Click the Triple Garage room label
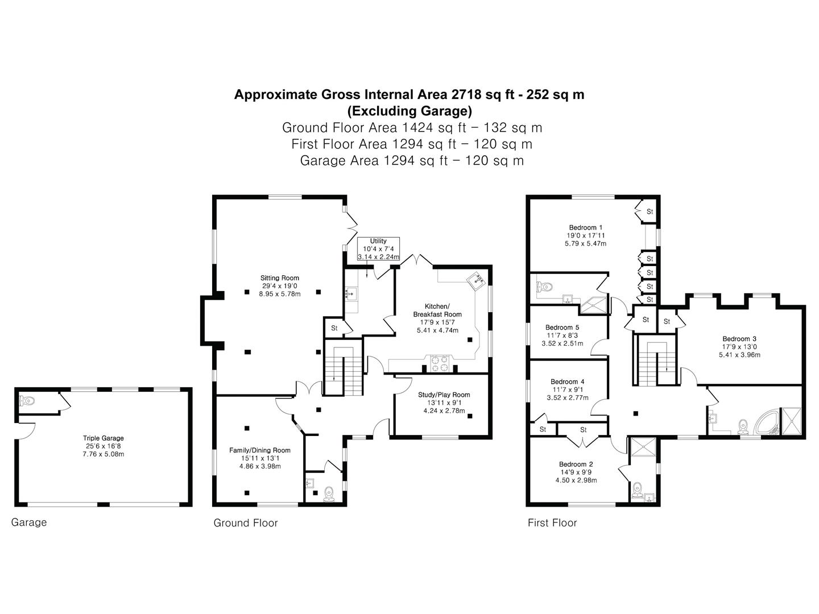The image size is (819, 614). coord(103,438)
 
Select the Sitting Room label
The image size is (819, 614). coord(280,278)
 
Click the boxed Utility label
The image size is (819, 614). coord(378,241)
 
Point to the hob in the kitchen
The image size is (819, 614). coord(440,363)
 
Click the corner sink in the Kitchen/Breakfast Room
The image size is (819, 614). coord(477,280)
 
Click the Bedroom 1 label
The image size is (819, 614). coord(585,227)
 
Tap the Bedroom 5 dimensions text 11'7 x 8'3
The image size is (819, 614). coord(562,335)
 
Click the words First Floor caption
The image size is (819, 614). coord(552,522)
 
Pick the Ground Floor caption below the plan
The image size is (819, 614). coord(245,522)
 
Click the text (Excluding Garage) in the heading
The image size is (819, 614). coord(409,110)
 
